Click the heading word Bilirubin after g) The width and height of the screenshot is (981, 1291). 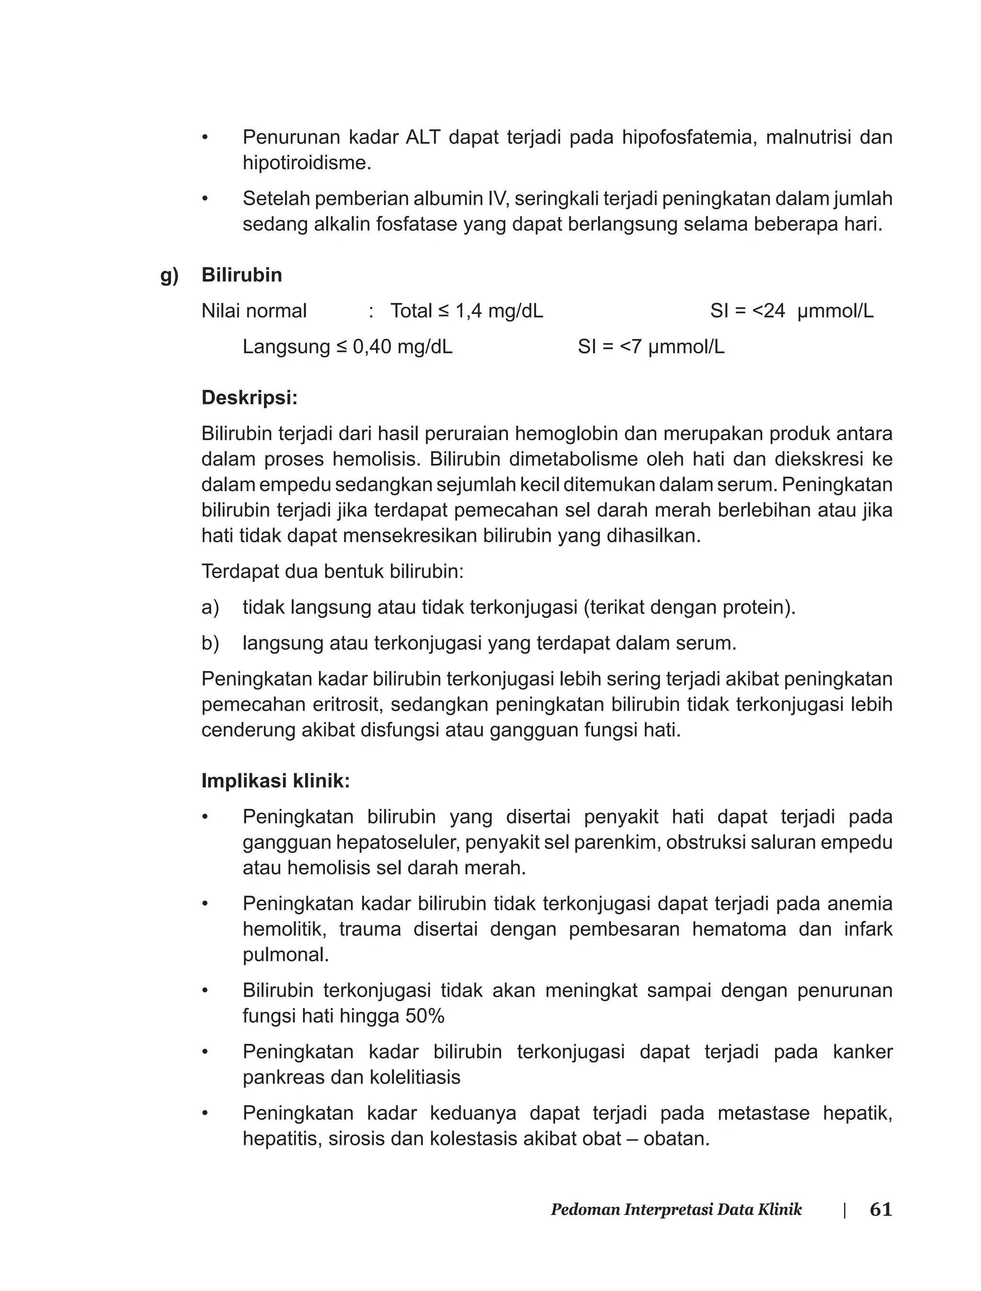[242, 275]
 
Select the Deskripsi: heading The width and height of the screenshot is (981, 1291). [250, 398]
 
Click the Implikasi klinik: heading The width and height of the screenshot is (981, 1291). [275, 781]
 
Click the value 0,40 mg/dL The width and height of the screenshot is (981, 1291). [402, 347]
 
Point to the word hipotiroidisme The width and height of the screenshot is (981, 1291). [307, 163]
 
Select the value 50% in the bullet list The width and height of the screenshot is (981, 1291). [424, 1017]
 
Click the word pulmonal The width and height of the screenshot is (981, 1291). [285, 955]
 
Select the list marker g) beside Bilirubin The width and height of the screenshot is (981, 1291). [170, 275]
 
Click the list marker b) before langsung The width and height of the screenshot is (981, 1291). [210, 643]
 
